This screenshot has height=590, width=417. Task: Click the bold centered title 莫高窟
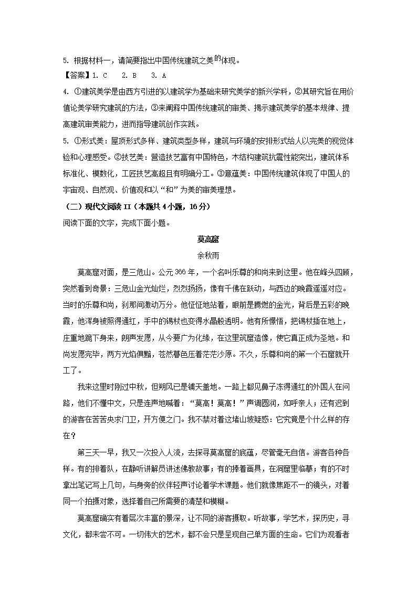point(208,240)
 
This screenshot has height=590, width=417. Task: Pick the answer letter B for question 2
point(134,76)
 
